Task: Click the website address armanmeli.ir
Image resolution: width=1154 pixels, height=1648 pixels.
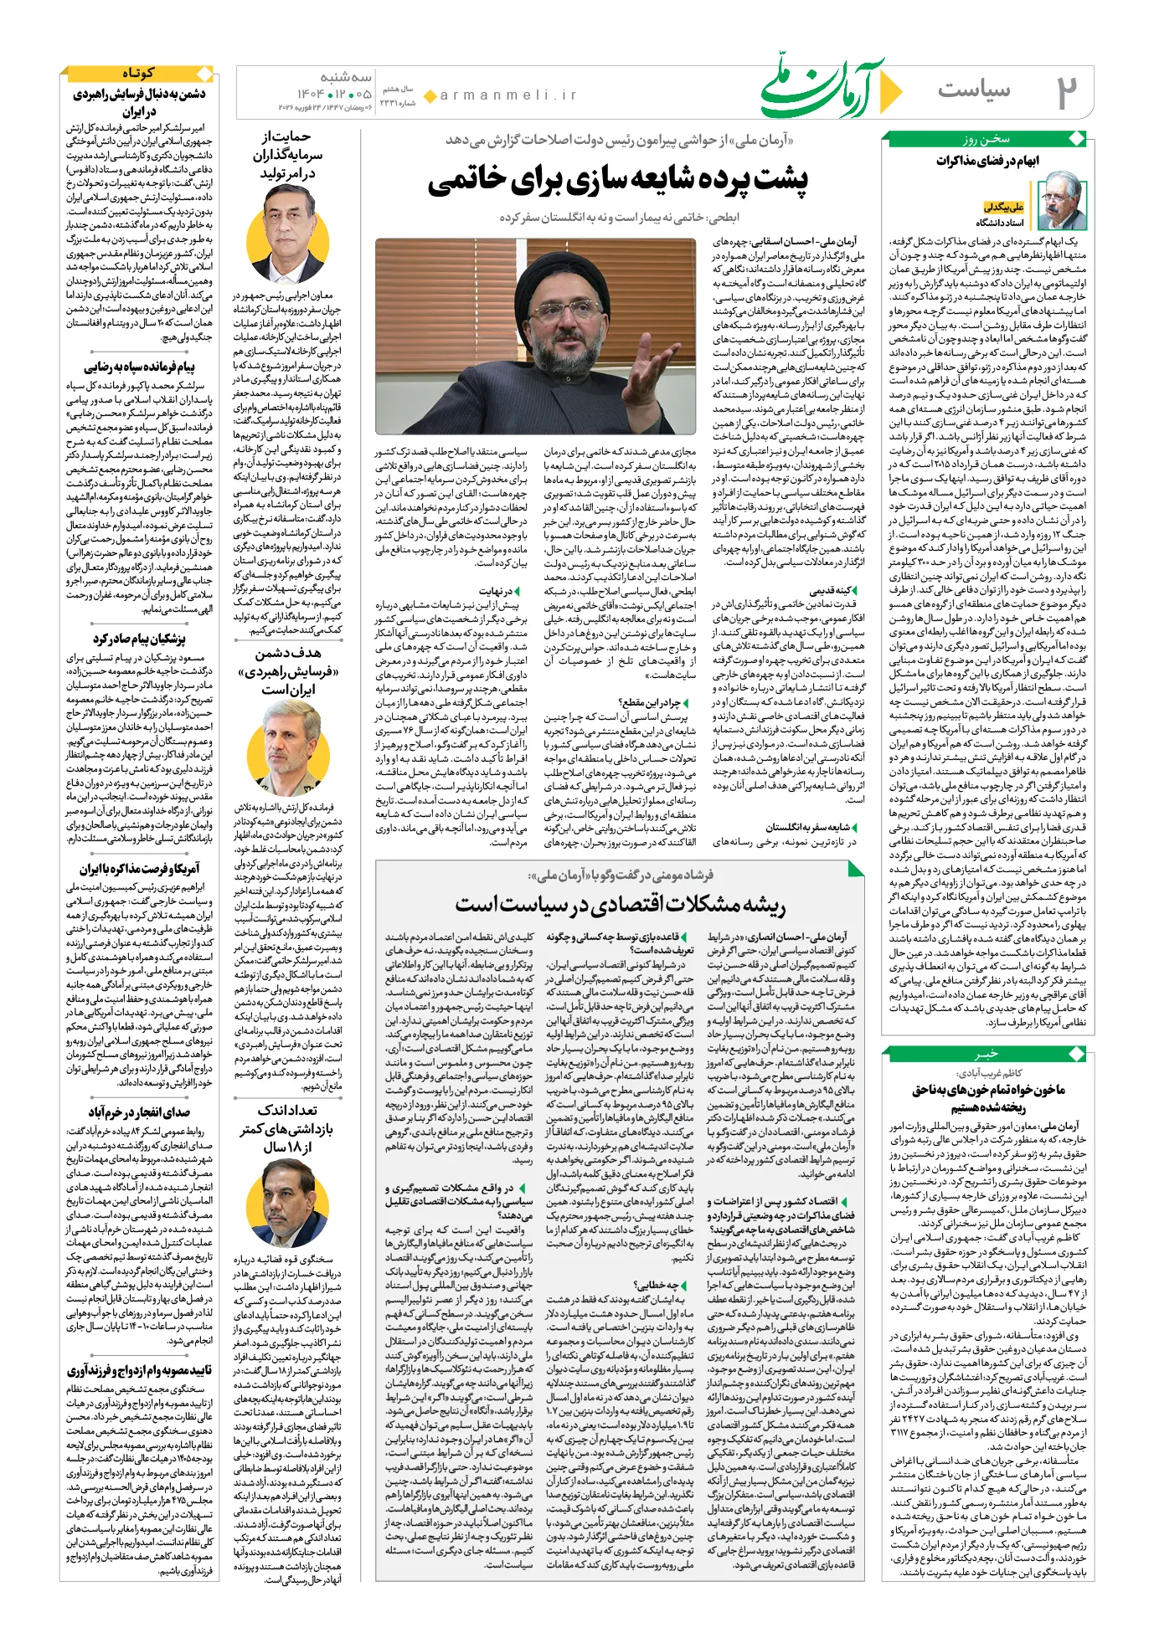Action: click(508, 95)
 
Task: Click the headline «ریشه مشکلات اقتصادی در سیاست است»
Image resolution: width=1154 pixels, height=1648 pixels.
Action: click(620, 905)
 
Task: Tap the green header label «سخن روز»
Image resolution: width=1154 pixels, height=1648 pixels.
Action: click(987, 139)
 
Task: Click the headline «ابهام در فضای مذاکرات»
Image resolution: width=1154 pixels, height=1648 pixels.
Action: click(987, 160)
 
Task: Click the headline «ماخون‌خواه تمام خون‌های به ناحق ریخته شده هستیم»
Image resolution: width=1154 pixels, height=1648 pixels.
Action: click(988, 1098)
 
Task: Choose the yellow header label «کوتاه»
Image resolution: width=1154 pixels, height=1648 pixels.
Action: click(138, 74)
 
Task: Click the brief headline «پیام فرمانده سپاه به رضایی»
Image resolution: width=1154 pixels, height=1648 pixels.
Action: click(139, 367)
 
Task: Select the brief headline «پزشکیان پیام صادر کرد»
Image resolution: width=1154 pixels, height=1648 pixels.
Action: click(139, 639)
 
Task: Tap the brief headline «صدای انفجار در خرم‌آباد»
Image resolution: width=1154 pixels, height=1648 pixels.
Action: click(139, 1112)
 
